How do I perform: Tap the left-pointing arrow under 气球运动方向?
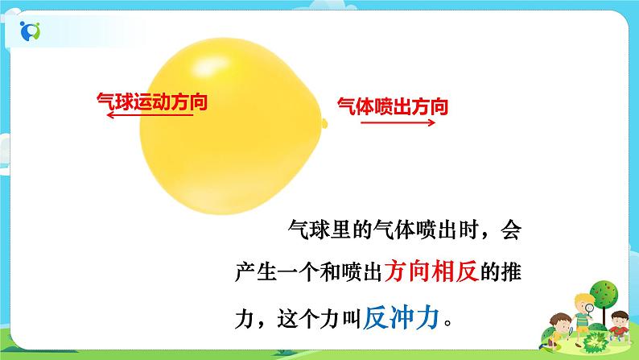pos(150,116)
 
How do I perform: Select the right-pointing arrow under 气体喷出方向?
pos(397,123)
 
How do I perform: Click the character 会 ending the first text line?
pos(512,231)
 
